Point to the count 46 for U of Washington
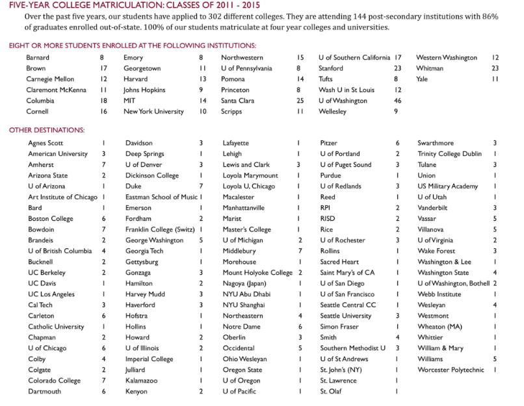[398, 101]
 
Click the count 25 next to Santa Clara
[300, 101]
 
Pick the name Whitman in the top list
[430, 68]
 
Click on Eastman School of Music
[161, 197]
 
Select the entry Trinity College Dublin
[450, 154]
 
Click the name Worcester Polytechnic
[451, 370]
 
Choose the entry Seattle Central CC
[348, 305]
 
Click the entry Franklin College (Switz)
[161, 229]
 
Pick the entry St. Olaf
[331, 392]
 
